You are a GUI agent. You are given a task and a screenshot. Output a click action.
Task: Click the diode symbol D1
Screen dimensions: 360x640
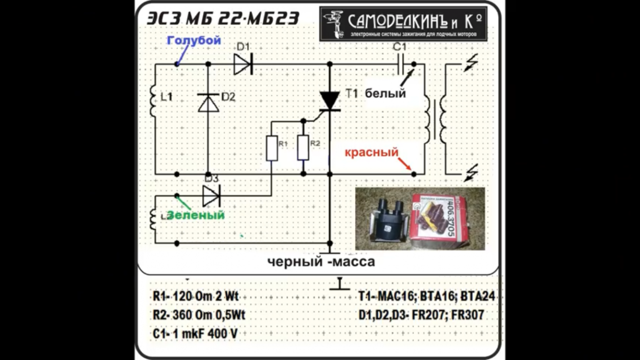pyautogui.click(x=243, y=64)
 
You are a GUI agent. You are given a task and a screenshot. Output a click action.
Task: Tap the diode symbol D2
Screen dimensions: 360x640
pyautogui.click(x=208, y=103)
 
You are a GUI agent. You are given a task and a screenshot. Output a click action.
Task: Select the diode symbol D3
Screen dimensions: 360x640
pyautogui.click(x=211, y=195)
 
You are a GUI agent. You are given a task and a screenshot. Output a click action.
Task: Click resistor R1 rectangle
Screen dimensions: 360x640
pyautogui.click(x=271, y=148)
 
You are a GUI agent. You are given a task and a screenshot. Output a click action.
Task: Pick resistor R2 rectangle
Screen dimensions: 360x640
pyautogui.click(x=303, y=147)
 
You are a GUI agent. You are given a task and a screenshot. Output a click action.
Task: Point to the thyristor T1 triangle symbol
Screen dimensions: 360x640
pyautogui.click(x=329, y=100)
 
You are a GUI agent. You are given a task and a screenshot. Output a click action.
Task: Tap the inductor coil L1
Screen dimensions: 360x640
pyautogui.click(x=154, y=100)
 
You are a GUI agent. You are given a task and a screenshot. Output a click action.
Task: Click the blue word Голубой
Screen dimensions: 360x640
pyautogui.click(x=194, y=40)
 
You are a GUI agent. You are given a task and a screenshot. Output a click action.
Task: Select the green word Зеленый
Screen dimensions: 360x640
pyautogui.click(x=195, y=215)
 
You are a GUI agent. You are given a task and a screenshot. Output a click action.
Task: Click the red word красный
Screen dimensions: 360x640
pyautogui.click(x=371, y=152)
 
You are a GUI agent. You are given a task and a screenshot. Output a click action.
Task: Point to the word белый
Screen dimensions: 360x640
pyautogui.click(x=385, y=93)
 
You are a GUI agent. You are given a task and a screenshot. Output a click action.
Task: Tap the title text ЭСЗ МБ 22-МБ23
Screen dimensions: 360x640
pyautogui.click(x=223, y=18)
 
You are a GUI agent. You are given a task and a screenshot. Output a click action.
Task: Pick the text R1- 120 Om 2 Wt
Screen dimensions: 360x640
pyautogui.click(x=195, y=296)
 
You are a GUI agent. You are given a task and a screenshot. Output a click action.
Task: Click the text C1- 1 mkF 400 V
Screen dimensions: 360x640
pyautogui.click(x=195, y=333)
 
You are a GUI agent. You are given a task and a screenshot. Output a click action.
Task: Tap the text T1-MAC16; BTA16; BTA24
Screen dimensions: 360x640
pyautogui.click(x=426, y=296)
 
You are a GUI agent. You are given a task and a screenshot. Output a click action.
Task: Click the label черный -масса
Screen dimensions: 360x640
pyautogui.click(x=320, y=261)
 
